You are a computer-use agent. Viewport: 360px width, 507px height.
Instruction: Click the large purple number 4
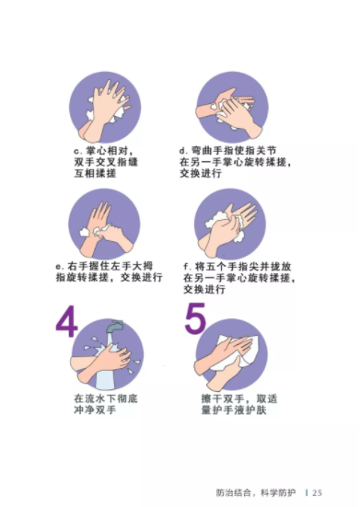tap(67, 320)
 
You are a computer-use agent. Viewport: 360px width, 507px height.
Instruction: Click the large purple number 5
tap(195, 317)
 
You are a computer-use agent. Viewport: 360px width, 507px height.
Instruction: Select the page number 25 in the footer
tap(317, 493)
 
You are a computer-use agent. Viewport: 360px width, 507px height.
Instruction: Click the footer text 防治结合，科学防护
tap(256, 493)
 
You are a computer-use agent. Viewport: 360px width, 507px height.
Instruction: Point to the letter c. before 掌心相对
tap(78, 151)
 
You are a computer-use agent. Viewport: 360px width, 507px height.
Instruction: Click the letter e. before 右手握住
tap(60, 267)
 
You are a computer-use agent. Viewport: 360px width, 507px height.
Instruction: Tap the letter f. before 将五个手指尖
tap(187, 267)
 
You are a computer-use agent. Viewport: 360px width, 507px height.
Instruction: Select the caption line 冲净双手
tap(95, 410)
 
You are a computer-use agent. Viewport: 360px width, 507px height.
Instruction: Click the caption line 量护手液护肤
tap(234, 410)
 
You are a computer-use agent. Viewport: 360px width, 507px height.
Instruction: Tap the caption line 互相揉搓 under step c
tap(95, 173)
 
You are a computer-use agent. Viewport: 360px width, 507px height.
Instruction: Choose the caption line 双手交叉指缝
tap(106, 162)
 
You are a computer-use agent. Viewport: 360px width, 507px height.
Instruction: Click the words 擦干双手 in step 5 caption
tap(223, 398)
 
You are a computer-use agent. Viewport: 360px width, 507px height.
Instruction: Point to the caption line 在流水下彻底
tap(106, 398)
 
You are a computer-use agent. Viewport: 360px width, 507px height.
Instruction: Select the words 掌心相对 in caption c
tap(107, 151)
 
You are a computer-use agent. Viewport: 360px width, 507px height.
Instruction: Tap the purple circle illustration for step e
tap(104, 225)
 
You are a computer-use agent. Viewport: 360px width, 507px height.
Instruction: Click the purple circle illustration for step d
tap(232, 108)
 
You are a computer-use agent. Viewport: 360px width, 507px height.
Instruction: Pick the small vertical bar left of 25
tap(307, 493)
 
